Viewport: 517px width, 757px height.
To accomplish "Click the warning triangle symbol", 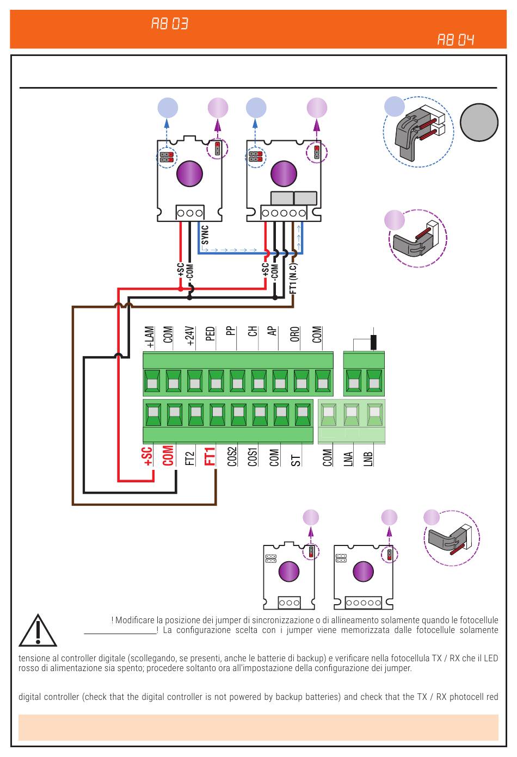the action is point(38,630).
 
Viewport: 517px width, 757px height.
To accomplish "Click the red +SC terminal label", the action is point(147,456).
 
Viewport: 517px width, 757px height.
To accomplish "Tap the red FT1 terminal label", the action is point(210,456).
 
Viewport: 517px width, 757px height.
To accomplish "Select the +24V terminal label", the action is point(190,336).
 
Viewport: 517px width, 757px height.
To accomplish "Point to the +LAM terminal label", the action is point(150,337).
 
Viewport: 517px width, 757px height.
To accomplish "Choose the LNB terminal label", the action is point(368,459).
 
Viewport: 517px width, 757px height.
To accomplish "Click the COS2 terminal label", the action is point(232,457).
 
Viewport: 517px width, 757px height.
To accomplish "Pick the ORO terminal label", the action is point(295,334).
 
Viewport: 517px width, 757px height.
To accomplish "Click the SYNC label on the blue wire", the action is point(205,235).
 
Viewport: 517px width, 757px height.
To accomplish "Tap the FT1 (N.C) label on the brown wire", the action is point(293,278).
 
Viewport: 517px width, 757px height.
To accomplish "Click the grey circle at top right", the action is point(479,122).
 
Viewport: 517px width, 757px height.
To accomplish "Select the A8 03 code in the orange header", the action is point(169,24).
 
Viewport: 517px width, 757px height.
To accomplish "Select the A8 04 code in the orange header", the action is point(456,40).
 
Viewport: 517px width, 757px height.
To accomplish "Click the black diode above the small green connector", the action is point(373,342).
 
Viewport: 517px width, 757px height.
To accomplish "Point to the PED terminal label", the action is point(210,333).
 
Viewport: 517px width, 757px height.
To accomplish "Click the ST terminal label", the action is point(296,460).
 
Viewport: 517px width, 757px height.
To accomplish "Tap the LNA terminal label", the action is point(348,459).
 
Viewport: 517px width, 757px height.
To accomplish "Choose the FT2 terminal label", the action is point(190,458).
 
